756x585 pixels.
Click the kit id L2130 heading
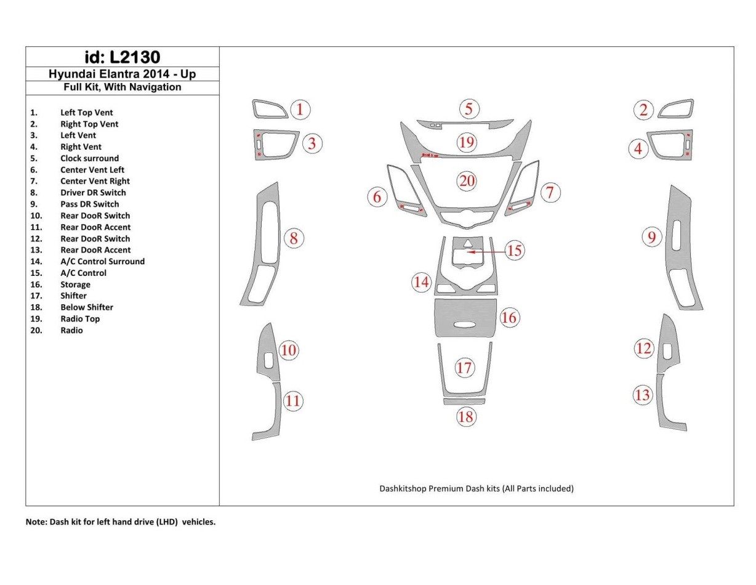(x=122, y=57)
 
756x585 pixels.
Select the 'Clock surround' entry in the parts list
(x=89, y=158)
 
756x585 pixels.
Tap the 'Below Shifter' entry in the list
(x=86, y=307)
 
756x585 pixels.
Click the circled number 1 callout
(x=300, y=110)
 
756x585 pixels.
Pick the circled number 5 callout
(x=468, y=109)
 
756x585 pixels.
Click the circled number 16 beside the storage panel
(x=509, y=318)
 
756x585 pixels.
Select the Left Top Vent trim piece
(x=269, y=109)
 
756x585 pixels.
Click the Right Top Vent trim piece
(x=676, y=108)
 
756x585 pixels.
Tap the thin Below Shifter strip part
(x=464, y=401)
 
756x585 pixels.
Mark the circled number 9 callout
(x=652, y=236)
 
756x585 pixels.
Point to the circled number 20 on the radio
(x=467, y=181)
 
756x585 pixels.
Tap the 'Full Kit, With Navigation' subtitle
(x=122, y=87)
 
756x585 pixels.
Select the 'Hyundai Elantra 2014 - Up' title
(x=122, y=74)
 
